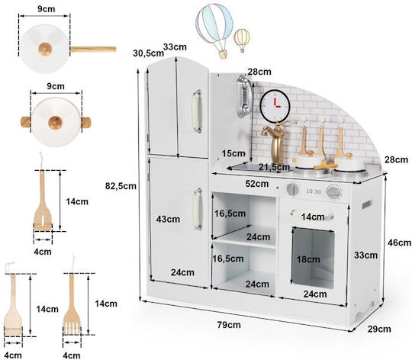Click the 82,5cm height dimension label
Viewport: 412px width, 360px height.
[121, 186]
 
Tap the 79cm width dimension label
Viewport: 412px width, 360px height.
[229, 325]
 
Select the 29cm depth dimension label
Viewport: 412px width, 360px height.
[379, 329]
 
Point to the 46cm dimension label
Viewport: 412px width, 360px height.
[399, 243]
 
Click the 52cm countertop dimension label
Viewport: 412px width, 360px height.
[257, 184]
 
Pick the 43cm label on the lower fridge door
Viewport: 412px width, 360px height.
[168, 219]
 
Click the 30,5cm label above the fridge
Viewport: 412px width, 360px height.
[148, 53]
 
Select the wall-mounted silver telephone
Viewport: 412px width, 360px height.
[244, 96]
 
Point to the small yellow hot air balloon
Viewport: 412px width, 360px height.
[242, 40]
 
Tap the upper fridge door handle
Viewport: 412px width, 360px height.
[197, 111]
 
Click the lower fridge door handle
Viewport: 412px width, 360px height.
[198, 209]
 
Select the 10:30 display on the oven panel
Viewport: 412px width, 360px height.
[314, 191]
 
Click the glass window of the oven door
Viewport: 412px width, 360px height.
[313, 257]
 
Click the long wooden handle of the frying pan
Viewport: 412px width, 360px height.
[93, 49]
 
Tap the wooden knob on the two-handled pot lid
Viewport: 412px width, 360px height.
[55, 123]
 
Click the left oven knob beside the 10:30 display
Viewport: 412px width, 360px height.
[293, 189]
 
